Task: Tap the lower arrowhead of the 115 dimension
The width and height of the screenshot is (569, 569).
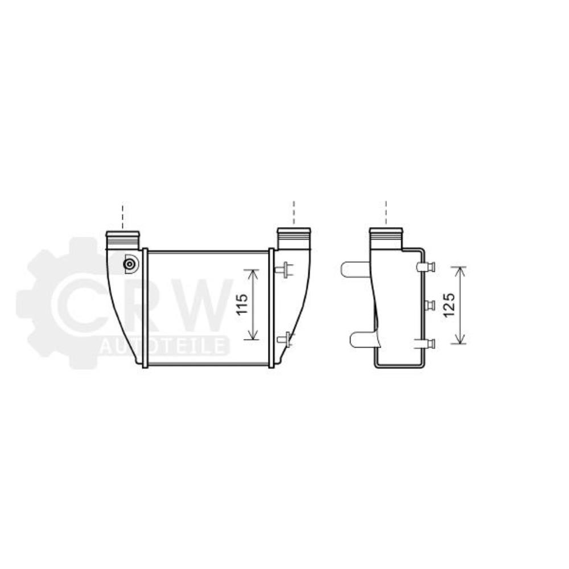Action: coord(251,337)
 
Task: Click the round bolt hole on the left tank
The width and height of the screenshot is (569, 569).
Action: coord(130,264)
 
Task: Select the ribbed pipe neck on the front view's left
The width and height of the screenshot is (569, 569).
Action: coord(122,238)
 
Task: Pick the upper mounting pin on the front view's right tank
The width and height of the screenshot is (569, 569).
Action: coord(284,268)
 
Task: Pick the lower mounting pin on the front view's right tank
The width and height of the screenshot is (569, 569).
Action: coord(284,340)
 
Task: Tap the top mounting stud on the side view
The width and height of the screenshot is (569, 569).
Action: coord(426,267)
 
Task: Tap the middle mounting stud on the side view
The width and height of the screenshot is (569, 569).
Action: coord(428,306)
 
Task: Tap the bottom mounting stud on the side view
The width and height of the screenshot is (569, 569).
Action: coord(427,343)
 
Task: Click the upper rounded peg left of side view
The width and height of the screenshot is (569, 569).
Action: coord(354,269)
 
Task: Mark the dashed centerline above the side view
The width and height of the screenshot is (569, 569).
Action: coord(386,212)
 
